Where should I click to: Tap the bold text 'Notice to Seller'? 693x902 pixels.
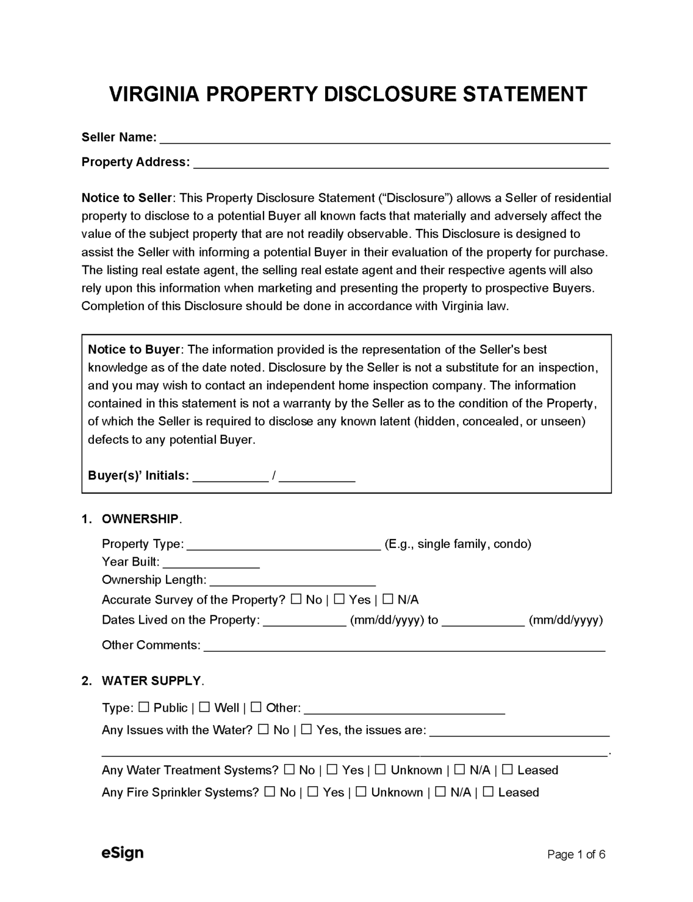127,198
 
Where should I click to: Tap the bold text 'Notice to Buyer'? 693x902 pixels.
134,349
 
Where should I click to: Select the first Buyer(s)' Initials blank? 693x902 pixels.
231,477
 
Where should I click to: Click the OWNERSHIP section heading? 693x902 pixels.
140,519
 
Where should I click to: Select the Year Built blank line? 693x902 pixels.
211,564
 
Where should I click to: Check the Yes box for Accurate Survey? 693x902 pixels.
339,600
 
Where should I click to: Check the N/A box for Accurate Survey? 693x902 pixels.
388,600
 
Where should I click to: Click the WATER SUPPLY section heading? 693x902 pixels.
151,681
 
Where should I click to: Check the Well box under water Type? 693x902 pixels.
205,708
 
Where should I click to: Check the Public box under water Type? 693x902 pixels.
144,708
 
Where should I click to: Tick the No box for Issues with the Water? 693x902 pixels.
263,730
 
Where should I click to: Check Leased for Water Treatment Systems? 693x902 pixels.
508,770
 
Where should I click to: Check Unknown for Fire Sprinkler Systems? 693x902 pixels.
361,792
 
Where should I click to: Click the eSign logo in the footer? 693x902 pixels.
122,853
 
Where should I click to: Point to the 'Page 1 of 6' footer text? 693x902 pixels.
576,854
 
